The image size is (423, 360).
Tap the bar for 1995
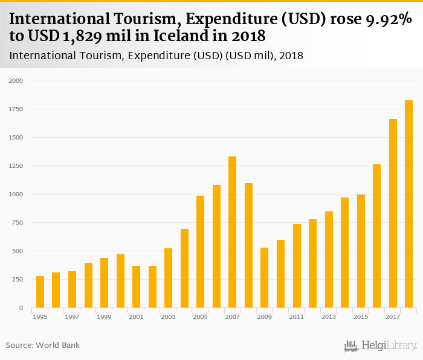[x=40, y=292]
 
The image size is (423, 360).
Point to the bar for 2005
[x=200, y=251]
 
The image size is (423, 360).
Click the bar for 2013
[x=329, y=259]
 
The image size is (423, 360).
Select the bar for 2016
[x=376, y=236]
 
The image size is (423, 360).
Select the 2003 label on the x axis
[x=168, y=317]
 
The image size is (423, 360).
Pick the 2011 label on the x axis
[x=296, y=317]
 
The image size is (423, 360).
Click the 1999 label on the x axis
[x=104, y=317]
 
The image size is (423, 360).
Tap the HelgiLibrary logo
[x=380, y=346]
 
